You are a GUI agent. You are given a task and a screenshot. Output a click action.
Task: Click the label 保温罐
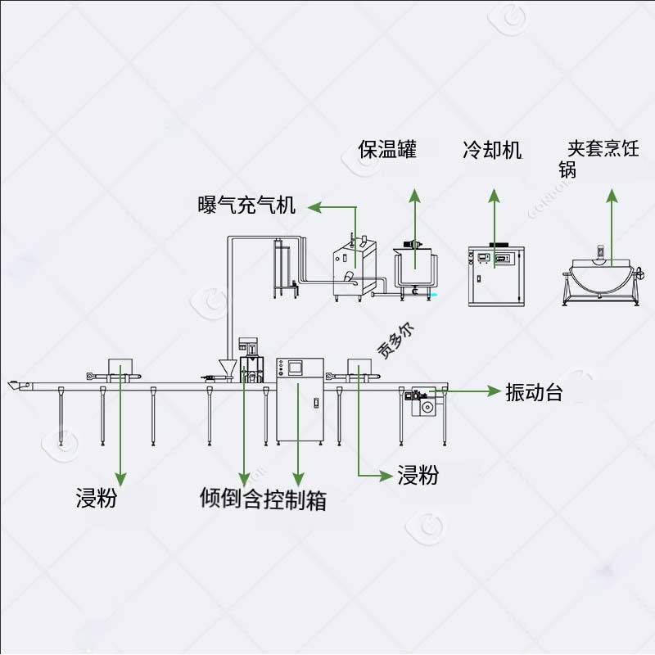tap(387, 149)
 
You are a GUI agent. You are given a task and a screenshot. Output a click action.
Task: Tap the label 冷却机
tap(492, 150)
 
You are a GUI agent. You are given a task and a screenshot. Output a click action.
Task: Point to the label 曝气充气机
tap(246, 206)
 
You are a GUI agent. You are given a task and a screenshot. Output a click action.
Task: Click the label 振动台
tap(534, 392)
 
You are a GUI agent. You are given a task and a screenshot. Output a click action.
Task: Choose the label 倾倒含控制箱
tap(263, 498)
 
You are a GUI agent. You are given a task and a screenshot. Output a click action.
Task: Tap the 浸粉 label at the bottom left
tap(96, 498)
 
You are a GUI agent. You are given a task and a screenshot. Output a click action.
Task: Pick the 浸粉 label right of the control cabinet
tap(418, 475)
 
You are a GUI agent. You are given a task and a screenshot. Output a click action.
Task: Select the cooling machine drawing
tap(494, 275)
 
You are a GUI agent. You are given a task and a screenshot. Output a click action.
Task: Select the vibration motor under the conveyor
tap(423, 402)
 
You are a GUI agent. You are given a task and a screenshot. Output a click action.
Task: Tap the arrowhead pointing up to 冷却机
tap(494, 196)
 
